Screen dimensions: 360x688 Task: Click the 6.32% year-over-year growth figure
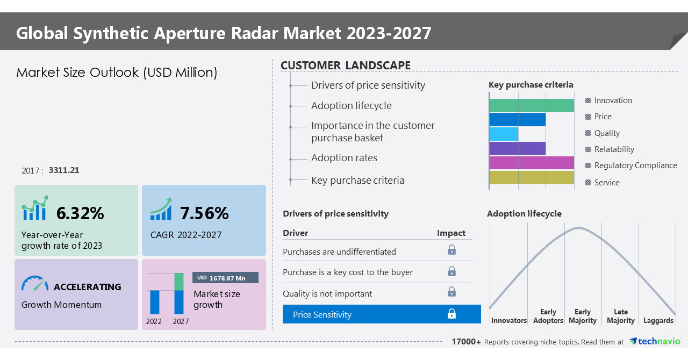[80, 213]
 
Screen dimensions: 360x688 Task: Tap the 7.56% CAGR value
[204, 213]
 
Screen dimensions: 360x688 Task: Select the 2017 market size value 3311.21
[64, 170]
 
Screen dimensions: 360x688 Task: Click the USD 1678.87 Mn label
[225, 278]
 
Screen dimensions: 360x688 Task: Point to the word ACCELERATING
[88, 287]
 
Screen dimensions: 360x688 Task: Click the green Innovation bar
[531, 105]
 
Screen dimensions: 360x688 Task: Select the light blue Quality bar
[504, 134]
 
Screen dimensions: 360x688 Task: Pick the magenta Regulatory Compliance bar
[531, 163]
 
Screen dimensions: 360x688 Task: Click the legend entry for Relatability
[614, 149]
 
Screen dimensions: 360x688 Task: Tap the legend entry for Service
[606, 183]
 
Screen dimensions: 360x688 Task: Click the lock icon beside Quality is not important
[451, 292]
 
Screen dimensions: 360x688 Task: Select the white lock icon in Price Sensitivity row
[451, 314]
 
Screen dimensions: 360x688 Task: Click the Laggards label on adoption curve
[658, 320]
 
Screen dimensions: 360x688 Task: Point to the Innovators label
[508, 320]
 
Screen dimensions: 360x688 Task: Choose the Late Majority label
[620, 316]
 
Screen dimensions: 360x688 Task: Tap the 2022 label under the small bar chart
[154, 321]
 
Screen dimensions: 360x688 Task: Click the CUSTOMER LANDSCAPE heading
[346, 66]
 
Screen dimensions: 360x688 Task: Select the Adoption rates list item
[344, 158]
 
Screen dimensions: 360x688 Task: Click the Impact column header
[451, 233]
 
